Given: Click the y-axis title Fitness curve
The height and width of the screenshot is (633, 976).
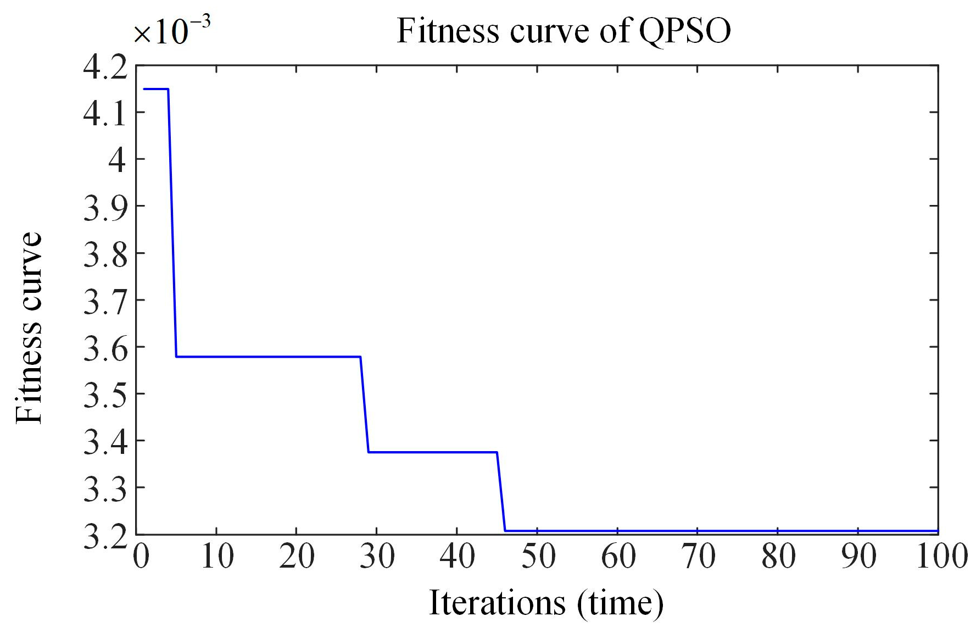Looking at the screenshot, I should (29, 327).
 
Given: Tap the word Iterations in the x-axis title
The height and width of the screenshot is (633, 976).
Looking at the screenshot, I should (497, 603).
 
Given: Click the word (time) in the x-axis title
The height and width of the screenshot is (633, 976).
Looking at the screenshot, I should (621, 603).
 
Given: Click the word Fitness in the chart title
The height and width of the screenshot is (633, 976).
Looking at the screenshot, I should (448, 31).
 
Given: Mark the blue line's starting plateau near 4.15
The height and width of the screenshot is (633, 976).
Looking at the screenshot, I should (155, 88).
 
